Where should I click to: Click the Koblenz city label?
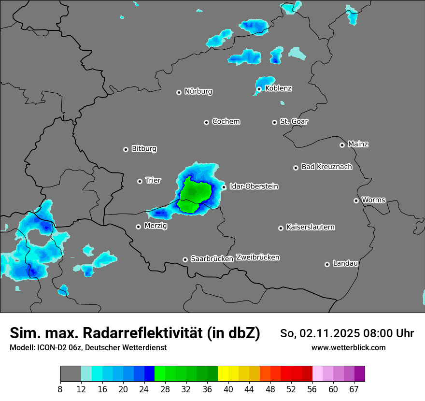(278, 88)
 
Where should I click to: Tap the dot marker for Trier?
(140, 181)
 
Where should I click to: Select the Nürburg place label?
(198, 91)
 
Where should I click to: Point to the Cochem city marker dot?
(206, 122)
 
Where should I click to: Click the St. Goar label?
(294, 121)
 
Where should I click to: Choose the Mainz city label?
(358, 144)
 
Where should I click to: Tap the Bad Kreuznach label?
(326, 167)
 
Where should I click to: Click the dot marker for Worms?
(356, 200)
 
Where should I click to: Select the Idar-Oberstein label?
(254, 186)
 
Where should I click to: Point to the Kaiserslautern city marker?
(281, 228)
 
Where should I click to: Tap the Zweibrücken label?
(257, 257)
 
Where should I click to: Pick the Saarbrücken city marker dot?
(185, 259)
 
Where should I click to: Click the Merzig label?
(156, 226)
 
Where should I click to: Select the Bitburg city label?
(144, 149)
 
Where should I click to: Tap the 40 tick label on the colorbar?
(228, 389)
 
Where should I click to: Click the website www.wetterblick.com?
(348, 347)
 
